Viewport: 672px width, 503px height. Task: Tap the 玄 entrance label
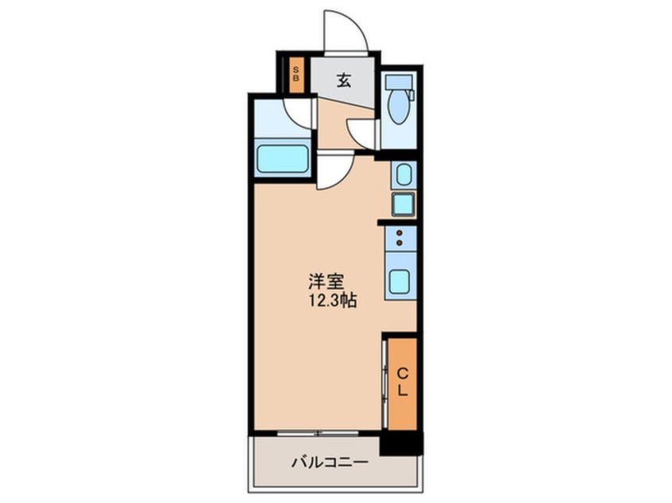click(x=343, y=79)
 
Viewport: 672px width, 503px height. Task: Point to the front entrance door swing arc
click(x=347, y=32)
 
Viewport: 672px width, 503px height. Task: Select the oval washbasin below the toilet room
click(x=402, y=175)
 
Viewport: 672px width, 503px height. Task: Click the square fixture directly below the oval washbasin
click(x=402, y=204)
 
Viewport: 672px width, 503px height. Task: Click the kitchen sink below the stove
click(x=400, y=281)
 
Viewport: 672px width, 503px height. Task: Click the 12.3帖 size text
click(x=327, y=301)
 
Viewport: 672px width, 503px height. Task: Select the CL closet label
click(x=402, y=382)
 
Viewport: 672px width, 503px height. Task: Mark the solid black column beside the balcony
click(x=400, y=443)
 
